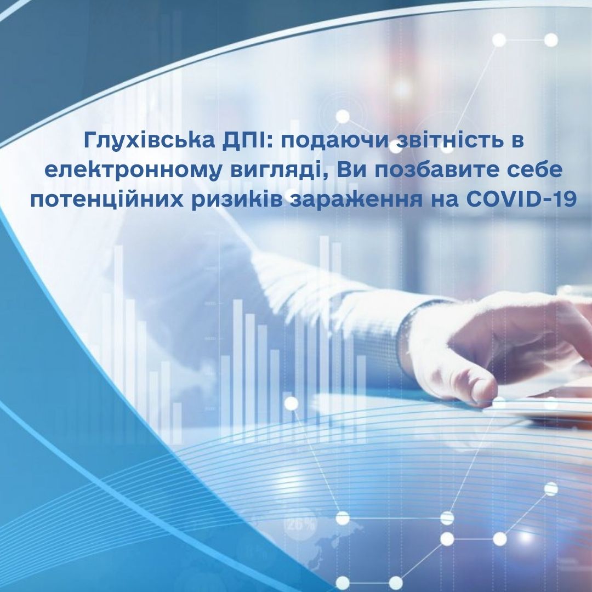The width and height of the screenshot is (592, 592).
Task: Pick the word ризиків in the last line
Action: click(237, 201)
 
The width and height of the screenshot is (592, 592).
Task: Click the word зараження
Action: click(356, 201)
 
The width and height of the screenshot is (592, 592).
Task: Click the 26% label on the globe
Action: click(301, 525)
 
